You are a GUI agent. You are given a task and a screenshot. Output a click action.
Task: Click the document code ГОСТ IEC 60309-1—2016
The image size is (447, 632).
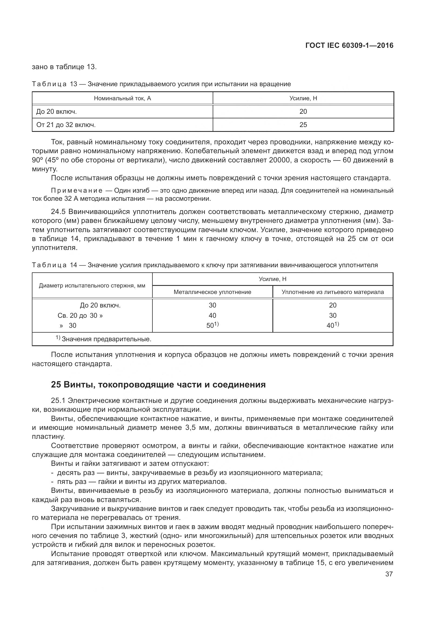pos(349,46)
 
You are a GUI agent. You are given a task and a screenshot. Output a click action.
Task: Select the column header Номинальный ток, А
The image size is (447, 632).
pos(122,98)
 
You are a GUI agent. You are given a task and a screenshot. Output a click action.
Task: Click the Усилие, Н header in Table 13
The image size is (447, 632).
pos(303,98)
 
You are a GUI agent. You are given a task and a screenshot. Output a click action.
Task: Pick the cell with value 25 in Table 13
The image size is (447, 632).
pos(303,125)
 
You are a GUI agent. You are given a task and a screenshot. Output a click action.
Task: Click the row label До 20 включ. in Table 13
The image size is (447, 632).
pos(56,112)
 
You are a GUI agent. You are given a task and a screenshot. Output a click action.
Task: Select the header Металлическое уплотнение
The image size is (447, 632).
pos(212,292)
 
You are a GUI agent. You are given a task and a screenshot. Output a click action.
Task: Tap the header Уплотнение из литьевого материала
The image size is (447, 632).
pos(332,292)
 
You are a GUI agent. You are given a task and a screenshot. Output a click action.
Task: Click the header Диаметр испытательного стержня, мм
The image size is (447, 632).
pos(92,285)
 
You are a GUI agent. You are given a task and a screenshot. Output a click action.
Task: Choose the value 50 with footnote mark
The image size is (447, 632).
pos(212,325)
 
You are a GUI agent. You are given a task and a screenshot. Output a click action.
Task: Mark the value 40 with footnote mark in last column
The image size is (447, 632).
pos(332,325)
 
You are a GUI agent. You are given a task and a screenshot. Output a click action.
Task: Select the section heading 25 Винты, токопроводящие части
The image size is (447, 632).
pos(158,384)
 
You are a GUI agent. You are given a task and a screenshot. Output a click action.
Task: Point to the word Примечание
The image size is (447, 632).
pos(77,191)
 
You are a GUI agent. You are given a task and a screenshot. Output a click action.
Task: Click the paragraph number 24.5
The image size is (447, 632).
pos(58,212)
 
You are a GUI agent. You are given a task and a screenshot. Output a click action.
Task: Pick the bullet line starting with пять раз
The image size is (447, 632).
pos(142,482)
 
